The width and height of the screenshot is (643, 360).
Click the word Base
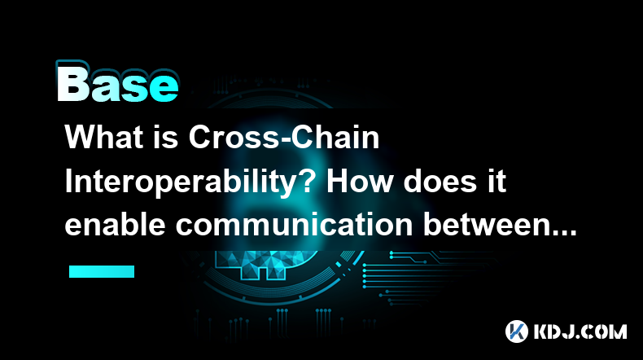[x=118, y=85]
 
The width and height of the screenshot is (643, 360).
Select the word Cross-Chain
[x=284, y=137]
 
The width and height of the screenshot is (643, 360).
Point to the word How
[x=359, y=182]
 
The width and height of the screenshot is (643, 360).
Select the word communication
[x=294, y=225]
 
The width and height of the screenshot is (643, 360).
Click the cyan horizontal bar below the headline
[x=102, y=271]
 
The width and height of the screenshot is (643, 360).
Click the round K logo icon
[x=517, y=331]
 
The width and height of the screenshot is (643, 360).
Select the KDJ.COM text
[x=580, y=331]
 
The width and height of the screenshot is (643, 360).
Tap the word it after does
[x=497, y=182]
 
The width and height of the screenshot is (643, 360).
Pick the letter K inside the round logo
[x=517, y=331]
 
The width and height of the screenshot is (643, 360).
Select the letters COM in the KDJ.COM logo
[x=606, y=331]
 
